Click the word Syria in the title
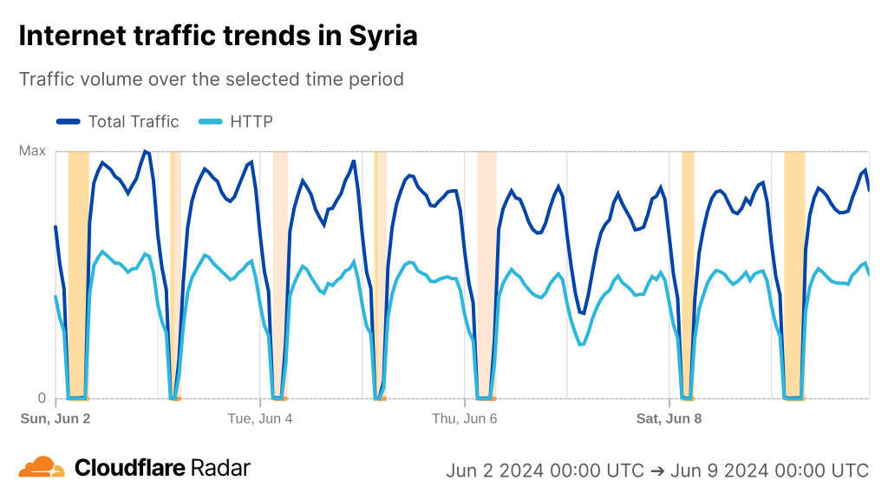[x=382, y=36]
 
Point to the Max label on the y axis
[x=32, y=151]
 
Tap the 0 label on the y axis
[x=41, y=398]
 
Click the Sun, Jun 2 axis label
[x=55, y=418]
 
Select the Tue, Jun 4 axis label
[x=260, y=418]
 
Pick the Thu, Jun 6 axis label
[x=465, y=418]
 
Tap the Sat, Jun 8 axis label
[x=669, y=418]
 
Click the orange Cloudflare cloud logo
[x=42, y=468]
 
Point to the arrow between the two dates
[x=657, y=470]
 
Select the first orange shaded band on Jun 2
[x=78, y=274]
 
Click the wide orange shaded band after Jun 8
[x=794, y=274]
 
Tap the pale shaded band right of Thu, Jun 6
[x=486, y=274]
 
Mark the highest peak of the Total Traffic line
[x=145, y=152]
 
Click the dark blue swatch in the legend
[x=69, y=122]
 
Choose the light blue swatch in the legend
[x=210, y=122]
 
